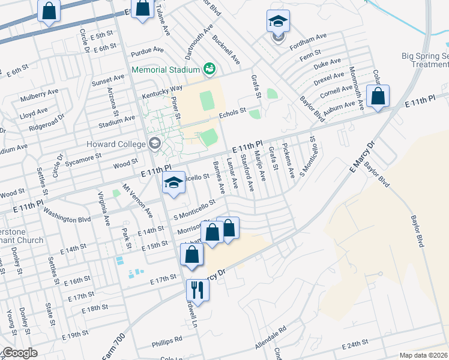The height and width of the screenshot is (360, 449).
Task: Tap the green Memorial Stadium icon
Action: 209,69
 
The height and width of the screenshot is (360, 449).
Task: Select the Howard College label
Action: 117,144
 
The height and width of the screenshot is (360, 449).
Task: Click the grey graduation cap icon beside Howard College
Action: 155,143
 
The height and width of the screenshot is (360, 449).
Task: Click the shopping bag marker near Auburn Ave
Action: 378,96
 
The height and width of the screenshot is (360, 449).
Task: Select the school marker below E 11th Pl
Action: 173,183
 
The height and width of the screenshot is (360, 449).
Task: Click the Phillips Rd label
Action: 167,340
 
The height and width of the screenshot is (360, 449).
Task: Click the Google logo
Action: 19,353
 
